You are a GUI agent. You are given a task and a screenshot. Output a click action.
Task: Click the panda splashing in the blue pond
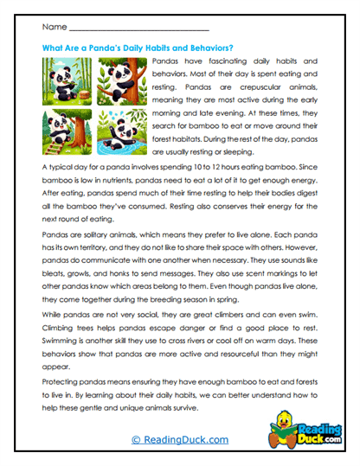click(122, 131)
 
